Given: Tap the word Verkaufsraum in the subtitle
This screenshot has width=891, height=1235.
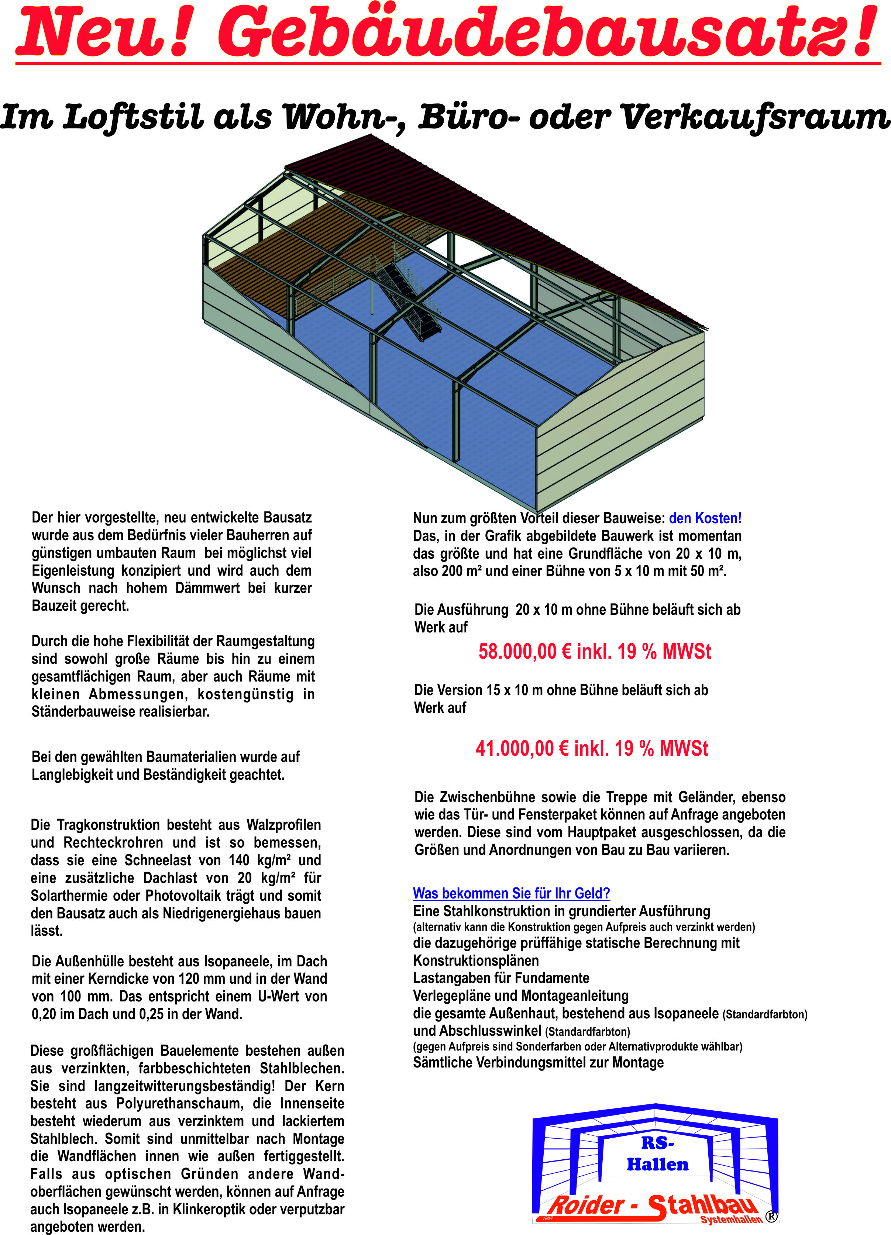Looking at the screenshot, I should click(x=755, y=117).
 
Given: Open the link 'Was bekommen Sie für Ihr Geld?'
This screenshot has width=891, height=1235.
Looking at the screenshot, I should click(x=511, y=894).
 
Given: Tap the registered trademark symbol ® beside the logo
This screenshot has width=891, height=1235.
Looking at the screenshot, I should click(x=771, y=1217).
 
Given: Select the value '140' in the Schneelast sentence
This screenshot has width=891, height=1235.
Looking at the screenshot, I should click(x=238, y=860).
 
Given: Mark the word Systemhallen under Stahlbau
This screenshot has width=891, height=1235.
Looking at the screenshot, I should click(x=731, y=1219).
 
